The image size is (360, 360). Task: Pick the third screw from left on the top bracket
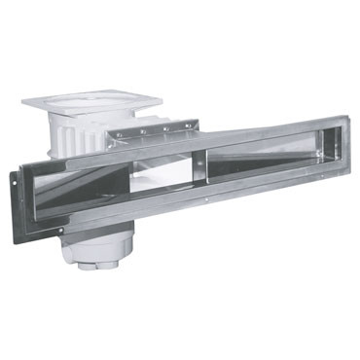[166, 127]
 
